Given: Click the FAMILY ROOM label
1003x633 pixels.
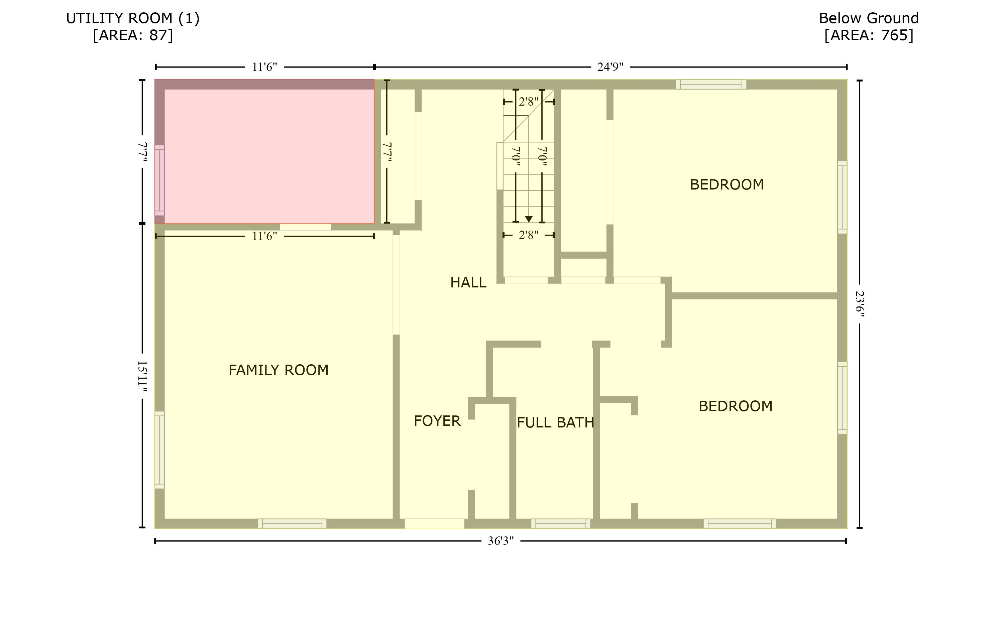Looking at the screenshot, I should [x=278, y=370].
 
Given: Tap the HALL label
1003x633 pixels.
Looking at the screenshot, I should [x=468, y=283].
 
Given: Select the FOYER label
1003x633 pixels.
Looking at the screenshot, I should [x=437, y=421].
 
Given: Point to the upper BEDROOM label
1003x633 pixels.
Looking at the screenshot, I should [x=727, y=184].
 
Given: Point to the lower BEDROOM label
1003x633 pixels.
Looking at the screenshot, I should [x=735, y=406].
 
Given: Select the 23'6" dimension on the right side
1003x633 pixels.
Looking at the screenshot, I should [x=860, y=304].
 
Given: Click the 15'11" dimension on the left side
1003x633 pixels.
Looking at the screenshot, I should [x=142, y=376].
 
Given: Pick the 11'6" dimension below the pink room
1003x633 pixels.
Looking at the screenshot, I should [x=264, y=236].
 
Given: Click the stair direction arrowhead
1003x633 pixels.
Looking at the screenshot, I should [x=529, y=219].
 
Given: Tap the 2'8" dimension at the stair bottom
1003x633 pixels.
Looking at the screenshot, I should [x=529, y=235].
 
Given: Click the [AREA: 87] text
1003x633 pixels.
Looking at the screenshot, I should [x=133, y=35].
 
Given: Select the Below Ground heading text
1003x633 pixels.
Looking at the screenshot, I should [x=869, y=18].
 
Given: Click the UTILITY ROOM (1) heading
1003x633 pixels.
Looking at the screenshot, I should [x=133, y=18].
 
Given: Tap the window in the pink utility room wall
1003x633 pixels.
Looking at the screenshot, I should [x=159, y=180].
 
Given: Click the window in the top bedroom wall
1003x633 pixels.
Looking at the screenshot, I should [x=710, y=85].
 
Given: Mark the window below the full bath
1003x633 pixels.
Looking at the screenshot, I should [x=561, y=523].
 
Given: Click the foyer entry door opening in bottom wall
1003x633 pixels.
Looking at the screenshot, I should [x=434, y=523].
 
